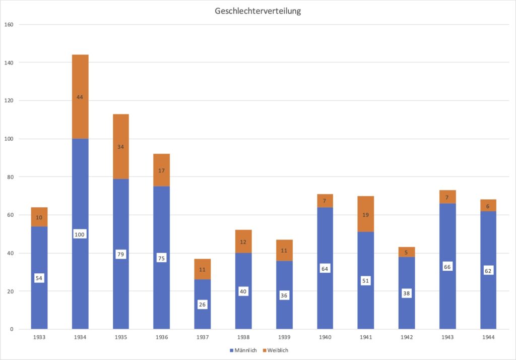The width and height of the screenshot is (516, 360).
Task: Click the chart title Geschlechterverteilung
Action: pos(257,11)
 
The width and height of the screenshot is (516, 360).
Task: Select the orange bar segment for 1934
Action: pos(80,76)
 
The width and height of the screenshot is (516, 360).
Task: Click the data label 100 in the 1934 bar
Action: pos(80,234)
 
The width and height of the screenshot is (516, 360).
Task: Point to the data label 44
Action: pos(80,97)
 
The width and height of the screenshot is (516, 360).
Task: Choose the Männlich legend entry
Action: pos(244,350)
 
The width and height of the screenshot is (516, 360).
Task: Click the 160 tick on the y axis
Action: pos(9,24)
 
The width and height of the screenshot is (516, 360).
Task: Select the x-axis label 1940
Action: pos(325,337)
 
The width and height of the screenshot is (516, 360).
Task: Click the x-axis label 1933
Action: pos(39,337)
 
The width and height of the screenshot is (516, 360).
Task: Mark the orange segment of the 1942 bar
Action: pos(407,252)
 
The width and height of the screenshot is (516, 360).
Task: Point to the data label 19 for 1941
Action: pos(366,215)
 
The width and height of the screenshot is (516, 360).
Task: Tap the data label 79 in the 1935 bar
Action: pos(121,254)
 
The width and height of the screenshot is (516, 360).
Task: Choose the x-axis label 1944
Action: pos(488,337)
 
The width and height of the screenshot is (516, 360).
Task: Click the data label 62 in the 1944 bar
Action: pos(488,270)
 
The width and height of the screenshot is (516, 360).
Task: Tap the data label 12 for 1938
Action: pos(243,242)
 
